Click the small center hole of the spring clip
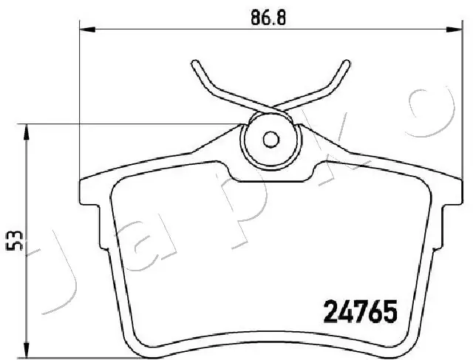click(271, 138)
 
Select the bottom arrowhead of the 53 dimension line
click(27, 350)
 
